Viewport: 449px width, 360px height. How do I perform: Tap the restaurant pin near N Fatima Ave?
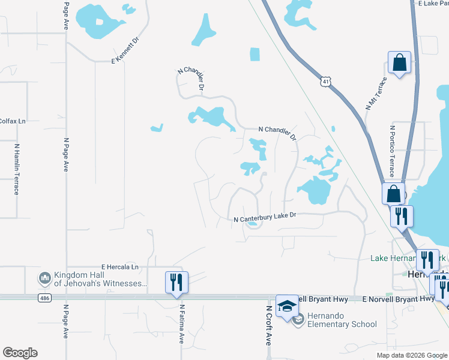[177, 281]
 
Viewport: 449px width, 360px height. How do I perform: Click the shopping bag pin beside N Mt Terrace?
[399, 62]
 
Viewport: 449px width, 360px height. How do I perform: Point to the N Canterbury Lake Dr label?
[265, 220]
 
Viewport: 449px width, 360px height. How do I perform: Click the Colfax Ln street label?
[13, 121]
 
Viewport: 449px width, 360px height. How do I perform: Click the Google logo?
[20, 353]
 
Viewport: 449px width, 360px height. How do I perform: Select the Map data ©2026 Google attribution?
[412, 355]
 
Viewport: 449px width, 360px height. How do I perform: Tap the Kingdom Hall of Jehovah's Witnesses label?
[100, 278]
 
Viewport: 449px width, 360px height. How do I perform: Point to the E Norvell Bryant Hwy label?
[399, 298]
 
